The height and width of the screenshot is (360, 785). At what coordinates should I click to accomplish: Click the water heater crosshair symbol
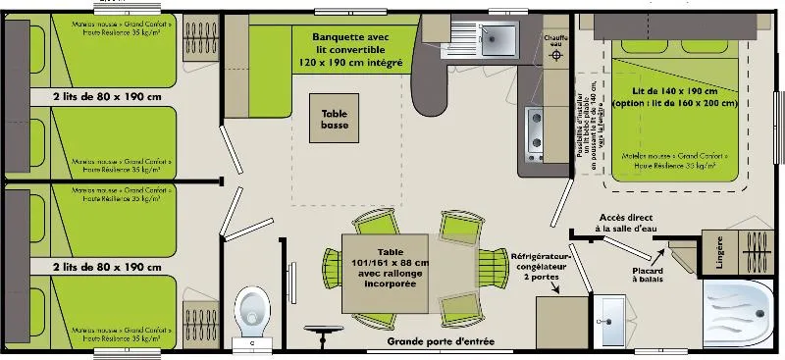coord(557,56)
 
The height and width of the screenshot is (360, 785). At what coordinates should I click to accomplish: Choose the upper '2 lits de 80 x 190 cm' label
coord(106,97)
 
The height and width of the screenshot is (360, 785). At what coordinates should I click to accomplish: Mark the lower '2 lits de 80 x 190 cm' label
coord(106,266)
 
